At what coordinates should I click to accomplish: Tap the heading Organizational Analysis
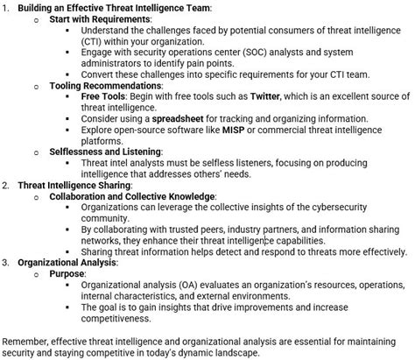[67, 261]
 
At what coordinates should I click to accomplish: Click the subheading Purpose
[67, 273]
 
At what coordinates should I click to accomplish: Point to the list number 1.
[6, 7]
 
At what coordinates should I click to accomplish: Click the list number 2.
[6, 185]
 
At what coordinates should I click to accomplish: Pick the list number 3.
[6, 261]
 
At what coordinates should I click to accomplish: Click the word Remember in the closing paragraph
[27, 340]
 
